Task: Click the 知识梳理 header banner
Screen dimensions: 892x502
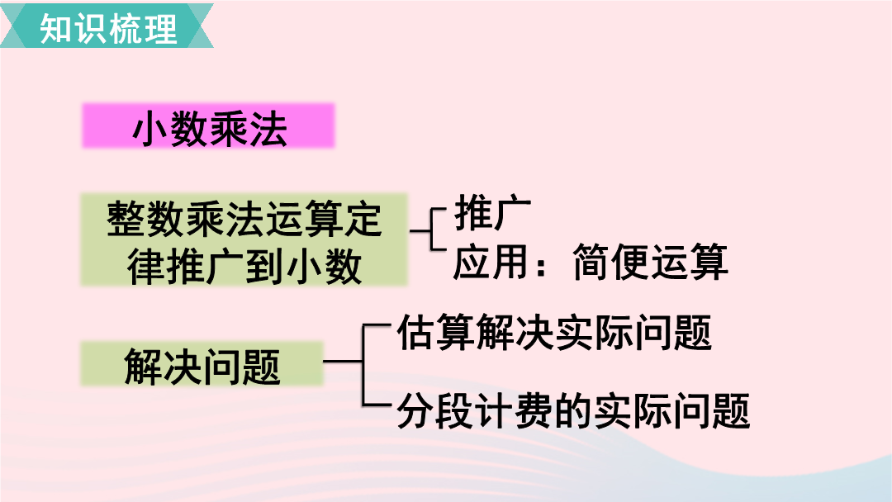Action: click(107, 26)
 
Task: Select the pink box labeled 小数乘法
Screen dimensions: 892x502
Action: click(208, 125)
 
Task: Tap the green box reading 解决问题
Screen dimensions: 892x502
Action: click(202, 364)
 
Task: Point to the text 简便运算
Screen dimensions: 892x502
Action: click(650, 262)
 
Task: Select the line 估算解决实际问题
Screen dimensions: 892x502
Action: click(554, 333)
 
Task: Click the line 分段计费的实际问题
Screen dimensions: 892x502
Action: click(573, 410)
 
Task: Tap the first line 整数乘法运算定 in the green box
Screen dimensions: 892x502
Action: click(244, 219)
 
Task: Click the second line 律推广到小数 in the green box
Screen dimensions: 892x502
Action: click(244, 266)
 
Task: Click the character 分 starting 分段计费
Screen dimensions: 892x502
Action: click(415, 410)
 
